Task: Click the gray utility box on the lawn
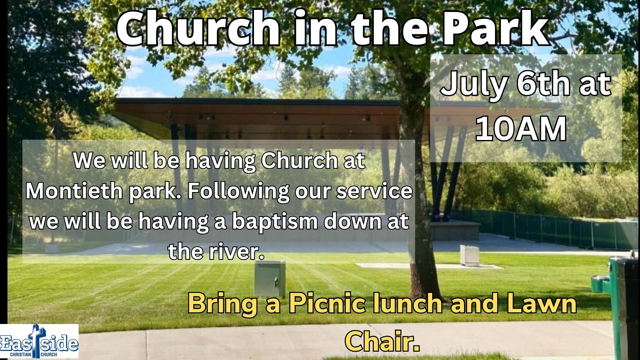point(270,279)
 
